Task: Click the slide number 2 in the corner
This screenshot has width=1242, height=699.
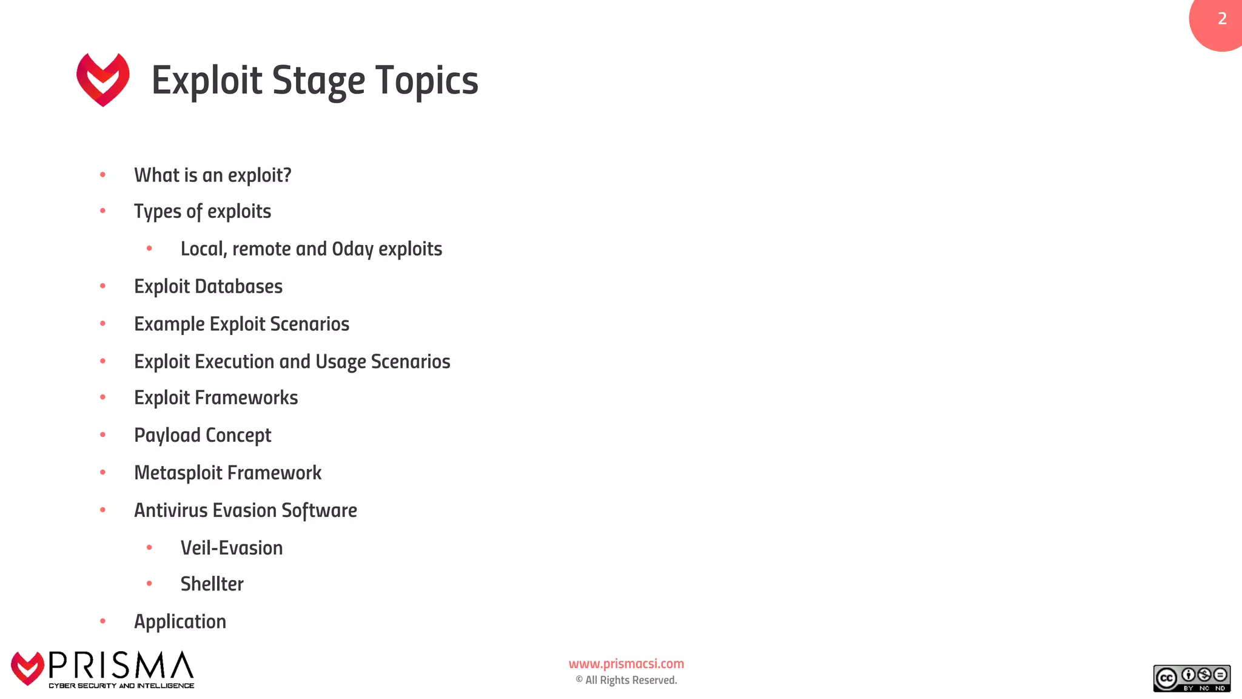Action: click(x=1222, y=19)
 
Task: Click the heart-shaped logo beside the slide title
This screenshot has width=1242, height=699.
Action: click(x=103, y=79)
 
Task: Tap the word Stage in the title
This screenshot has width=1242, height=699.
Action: click(x=318, y=81)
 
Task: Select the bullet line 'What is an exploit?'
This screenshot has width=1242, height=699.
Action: click(x=212, y=175)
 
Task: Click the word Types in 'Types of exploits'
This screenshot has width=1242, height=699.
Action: click(x=158, y=212)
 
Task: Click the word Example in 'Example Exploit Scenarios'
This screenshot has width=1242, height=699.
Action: click(x=169, y=324)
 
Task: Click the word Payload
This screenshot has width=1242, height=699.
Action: click(x=167, y=436)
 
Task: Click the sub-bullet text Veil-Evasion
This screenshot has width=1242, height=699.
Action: click(x=232, y=548)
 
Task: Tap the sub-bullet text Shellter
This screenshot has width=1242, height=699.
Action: click(x=212, y=584)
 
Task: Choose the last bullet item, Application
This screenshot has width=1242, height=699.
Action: click(x=180, y=621)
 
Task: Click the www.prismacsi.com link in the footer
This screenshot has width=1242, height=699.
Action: click(x=626, y=664)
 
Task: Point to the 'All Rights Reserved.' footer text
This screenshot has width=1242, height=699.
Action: click(x=631, y=680)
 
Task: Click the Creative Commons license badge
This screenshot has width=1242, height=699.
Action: click(x=1191, y=678)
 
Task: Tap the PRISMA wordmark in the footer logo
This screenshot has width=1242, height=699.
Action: click(x=121, y=666)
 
